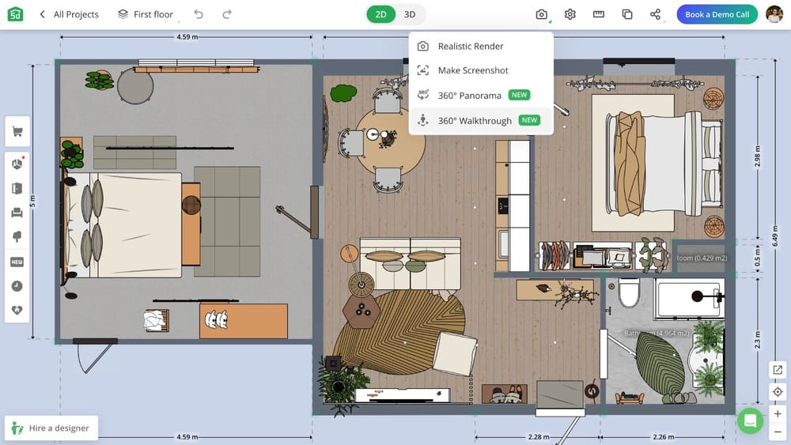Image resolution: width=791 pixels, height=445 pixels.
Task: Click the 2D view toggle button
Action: (381, 14)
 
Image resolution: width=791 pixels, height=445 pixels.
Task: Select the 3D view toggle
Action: (410, 14)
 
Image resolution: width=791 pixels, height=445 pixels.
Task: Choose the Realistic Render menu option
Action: (471, 47)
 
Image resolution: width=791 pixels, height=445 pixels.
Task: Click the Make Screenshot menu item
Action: (472, 70)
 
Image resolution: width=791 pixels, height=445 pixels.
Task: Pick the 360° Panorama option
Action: (470, 96)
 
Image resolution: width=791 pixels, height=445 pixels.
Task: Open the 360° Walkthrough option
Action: (475, 121)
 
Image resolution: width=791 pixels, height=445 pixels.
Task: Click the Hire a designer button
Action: (51, 428)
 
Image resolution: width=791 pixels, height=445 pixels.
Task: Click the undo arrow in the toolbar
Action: (199, 14)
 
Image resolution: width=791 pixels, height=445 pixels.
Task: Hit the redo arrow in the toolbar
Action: (227, 14)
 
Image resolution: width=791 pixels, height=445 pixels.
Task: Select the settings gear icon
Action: (570, 14)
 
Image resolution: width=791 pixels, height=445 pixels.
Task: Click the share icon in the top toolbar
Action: (655, 14)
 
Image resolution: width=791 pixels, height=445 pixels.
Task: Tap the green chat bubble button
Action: (750, 420)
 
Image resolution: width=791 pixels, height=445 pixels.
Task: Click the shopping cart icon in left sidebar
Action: (17, 132)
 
